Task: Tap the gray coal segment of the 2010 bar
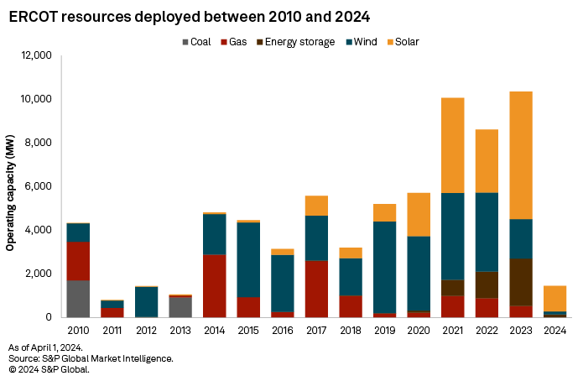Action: coord(78,299)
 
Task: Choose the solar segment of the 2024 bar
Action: coord(555,298)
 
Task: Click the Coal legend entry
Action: coord(197,41)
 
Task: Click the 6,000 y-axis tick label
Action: coord(38,186)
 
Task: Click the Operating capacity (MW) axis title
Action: coord(10,185)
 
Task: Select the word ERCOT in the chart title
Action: coord(33,17)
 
